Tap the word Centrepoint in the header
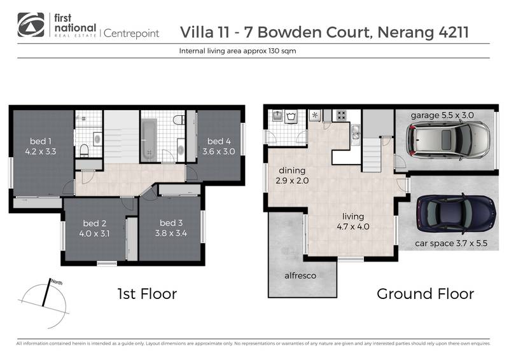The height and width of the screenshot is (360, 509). [x=131, y=32]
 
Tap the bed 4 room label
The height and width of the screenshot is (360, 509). [x=219, y=141]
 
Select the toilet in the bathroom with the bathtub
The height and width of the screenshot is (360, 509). [x=179, y=119]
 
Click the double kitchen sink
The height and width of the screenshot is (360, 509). [x=355, y=132]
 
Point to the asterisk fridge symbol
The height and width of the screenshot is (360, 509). [x=314, y=116]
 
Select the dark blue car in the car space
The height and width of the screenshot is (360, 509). [x=456, y=214]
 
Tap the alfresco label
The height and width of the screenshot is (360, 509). [x=300, y=275]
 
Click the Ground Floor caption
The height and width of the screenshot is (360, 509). [x=425, y=294]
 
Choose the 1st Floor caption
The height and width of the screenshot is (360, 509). [x=147, y=294]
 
